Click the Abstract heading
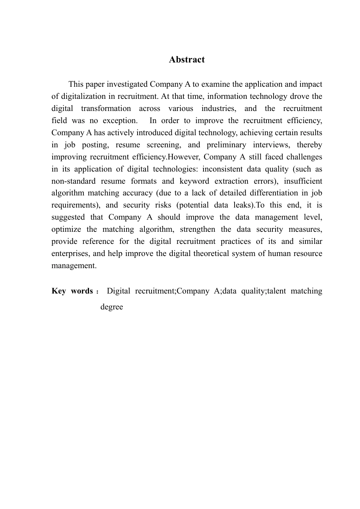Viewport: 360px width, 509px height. pos(187,59)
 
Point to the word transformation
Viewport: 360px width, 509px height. pos(106,108)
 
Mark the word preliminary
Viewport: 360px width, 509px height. pos(226,145)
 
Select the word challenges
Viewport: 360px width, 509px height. pos(304,157)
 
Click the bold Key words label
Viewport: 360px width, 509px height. pos(72,291)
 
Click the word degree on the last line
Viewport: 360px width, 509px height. pos(111,307)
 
